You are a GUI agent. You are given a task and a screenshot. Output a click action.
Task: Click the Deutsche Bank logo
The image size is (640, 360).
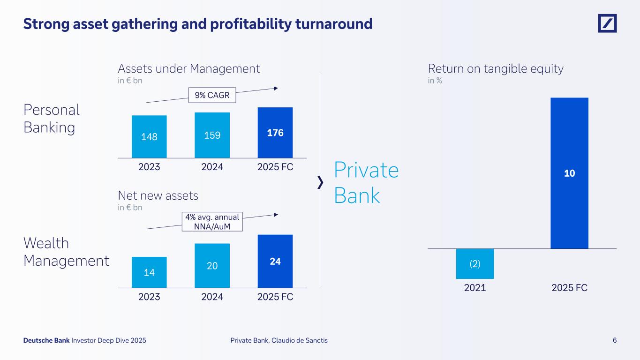point(607,23)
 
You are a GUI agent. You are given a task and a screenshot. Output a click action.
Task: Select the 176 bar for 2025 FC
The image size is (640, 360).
point(275,133)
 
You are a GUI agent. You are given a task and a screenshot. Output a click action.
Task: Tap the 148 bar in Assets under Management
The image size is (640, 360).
point(149,136)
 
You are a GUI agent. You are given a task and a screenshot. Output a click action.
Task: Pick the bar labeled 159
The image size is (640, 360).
point(212,135)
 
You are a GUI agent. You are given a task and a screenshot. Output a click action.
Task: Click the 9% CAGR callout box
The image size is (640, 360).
point(212,96)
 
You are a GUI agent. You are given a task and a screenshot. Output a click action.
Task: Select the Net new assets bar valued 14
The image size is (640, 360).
point(149,272)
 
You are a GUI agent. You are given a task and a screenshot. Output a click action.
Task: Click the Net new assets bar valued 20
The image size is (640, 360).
point(212,265)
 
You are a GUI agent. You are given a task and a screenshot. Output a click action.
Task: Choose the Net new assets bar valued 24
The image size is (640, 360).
point(275,261)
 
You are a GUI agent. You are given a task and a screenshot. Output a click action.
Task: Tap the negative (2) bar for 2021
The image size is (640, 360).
point(474,263)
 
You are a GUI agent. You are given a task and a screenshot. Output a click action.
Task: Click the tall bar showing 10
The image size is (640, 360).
point(569,173)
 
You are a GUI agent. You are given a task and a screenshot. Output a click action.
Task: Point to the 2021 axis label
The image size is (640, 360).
point(474,288)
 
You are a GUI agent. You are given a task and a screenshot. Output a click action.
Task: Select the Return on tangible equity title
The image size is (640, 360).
point(496,69)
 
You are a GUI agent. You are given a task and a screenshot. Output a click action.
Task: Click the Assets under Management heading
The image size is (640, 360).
point(188,69)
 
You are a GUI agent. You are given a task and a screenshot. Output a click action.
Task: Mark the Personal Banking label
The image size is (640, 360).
point(52,119)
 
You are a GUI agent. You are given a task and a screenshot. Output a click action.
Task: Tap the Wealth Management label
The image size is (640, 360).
point(66,252)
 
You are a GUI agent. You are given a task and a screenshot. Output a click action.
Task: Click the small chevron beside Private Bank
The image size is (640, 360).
point(320,182)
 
